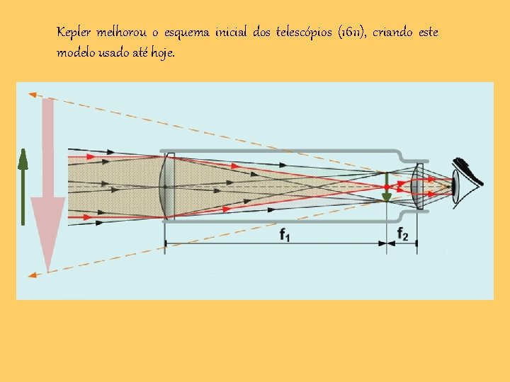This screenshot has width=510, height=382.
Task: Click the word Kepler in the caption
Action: pyautogui.click(x=72, y=33)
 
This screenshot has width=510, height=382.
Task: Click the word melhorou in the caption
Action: pyautogui.click(x=124, y=33)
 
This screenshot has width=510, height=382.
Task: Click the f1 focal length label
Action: pyautogui.click(x=284, y=236)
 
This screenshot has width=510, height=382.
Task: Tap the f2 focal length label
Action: pyautogui.click(x=402, y=234)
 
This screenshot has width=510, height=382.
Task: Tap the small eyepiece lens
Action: pyautogui.click(x=417, y=187)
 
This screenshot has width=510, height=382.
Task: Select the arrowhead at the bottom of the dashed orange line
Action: pyautogui.click(x=31, y=273)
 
